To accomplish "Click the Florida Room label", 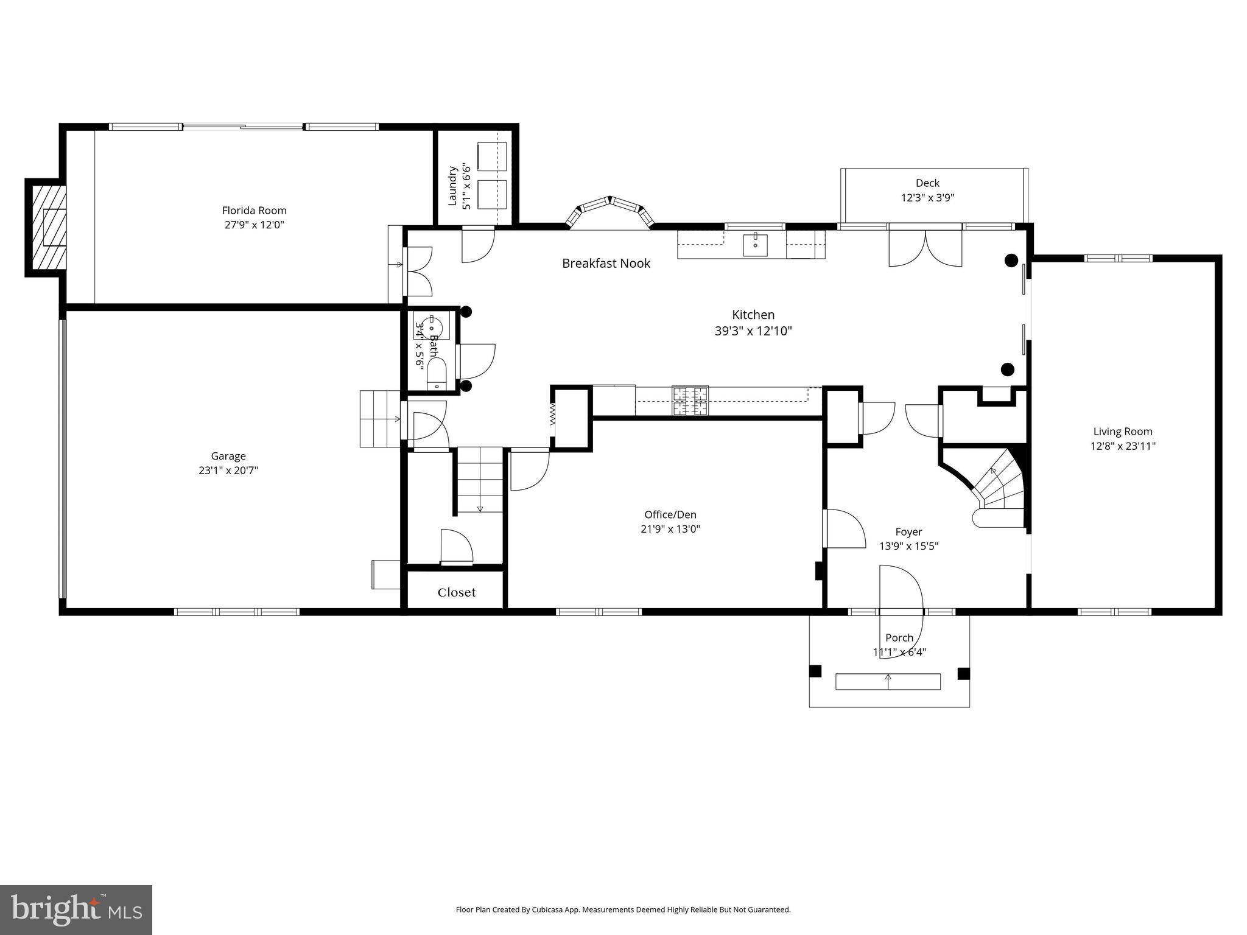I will point(254,211).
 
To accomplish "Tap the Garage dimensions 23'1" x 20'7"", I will point(228,470).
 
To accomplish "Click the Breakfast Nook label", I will point(606,264).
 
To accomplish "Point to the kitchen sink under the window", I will point(755,245).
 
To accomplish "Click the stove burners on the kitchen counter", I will point(690,401).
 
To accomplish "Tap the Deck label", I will point(927,183).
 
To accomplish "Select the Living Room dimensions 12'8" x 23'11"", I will point(1123,446).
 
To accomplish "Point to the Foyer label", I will point(908,532).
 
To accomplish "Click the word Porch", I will point(899,638).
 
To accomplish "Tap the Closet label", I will point(457,593).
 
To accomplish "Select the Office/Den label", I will point(670,515).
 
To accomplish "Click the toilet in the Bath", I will point(437,373).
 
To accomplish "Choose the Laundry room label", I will point(452,186).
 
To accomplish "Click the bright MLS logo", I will point(76,909).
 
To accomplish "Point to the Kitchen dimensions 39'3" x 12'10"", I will point(753,331).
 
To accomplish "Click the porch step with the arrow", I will point(888,682).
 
